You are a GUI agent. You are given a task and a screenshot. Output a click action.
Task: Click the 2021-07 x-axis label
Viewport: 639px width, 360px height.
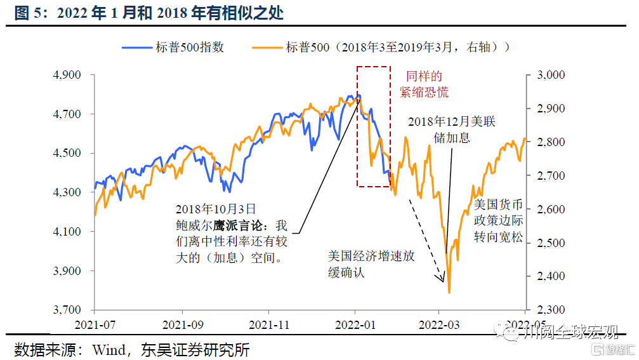point(95,324)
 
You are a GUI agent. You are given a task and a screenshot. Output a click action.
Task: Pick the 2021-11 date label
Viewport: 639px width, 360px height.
point(268,324)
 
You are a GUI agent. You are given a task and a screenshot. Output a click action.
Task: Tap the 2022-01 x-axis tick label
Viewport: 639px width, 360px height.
point(355,324)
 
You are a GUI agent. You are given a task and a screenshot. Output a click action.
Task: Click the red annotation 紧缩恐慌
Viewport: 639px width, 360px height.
point(424,93)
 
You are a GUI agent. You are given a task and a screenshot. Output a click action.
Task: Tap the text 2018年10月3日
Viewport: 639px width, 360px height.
point(216,209)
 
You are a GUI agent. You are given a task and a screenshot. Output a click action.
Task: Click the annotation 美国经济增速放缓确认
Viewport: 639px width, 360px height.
point(371,264)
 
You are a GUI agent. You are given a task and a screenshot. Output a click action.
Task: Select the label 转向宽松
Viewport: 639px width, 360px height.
point(498,237)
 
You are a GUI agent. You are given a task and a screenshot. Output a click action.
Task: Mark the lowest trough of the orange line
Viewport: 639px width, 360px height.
point(449,293)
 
